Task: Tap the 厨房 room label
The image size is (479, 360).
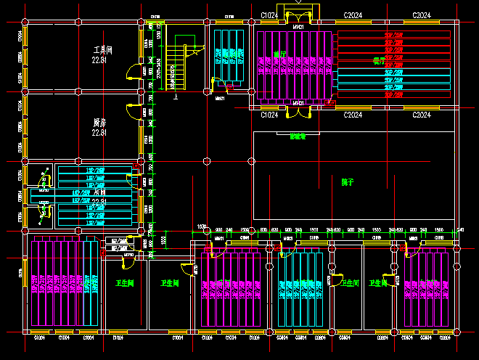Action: click(99, 123)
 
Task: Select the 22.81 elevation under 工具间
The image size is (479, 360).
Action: click(99, 61)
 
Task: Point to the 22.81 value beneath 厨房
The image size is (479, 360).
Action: click(99, 133)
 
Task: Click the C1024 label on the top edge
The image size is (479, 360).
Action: click(269, 15)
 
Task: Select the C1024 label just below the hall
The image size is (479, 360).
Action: click(269, 115)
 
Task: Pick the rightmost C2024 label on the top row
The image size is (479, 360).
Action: click(422, 15)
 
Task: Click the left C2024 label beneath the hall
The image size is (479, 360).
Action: click(353, 115)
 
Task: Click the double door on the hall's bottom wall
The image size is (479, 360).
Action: click(298, 111)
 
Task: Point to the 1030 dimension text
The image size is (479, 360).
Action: click(202, 227)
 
